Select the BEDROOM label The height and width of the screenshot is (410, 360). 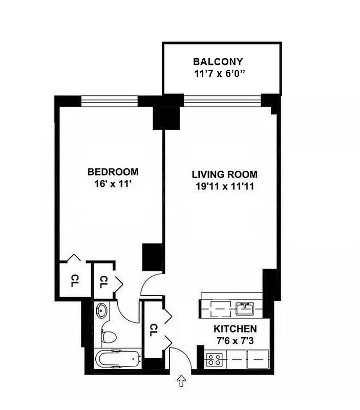click(x=113, y=172)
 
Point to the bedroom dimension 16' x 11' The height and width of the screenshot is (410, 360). click(x=113, y=183)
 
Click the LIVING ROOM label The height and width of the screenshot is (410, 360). click(x=225, y=174)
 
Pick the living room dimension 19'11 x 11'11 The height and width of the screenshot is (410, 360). click(x=225, y=186)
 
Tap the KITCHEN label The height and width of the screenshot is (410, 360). click(x=235, y=329)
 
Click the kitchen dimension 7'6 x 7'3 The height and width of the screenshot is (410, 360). click(x=235, y=340)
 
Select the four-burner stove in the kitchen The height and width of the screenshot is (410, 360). click(x=213, y=359)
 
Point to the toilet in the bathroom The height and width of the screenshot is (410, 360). click(x=109, y=337)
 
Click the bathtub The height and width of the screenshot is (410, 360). click(x=118, y=358)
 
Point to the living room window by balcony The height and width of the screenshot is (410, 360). click(x=222, y=101)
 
